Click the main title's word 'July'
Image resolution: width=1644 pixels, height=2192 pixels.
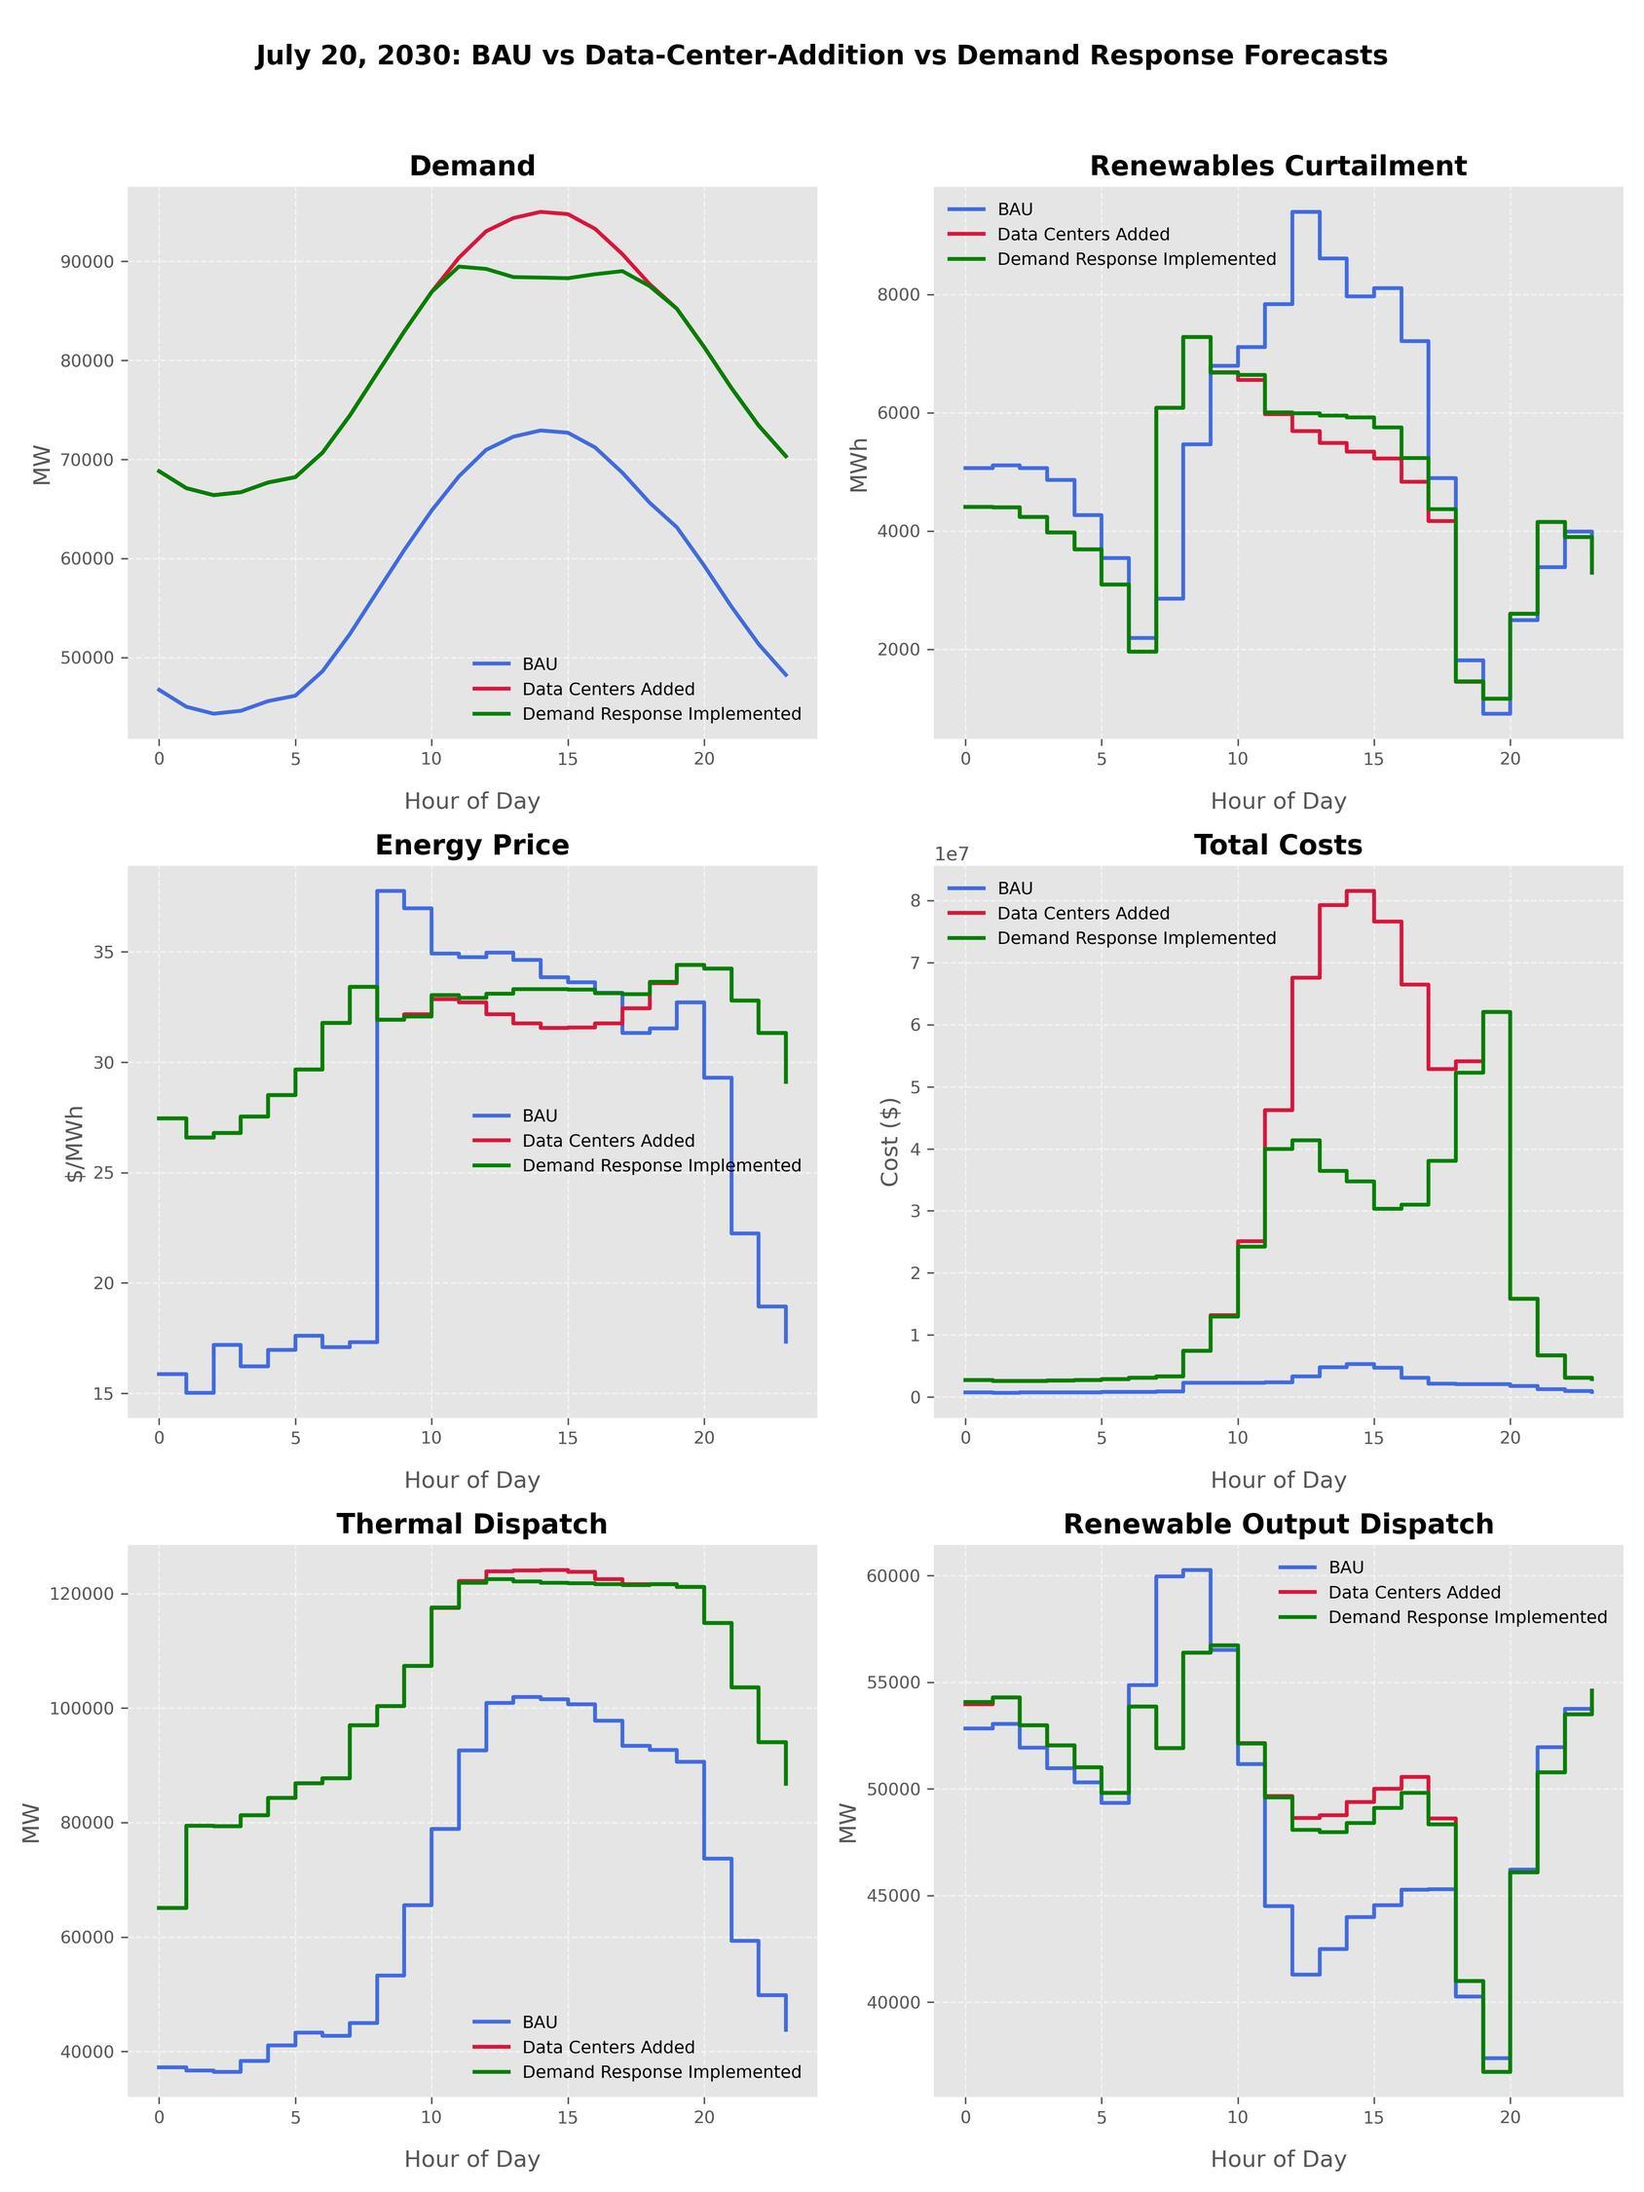pyautogui.click(x=281, y=57)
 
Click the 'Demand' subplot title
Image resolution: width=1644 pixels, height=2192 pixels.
pyautogui.click(x=471, y=167)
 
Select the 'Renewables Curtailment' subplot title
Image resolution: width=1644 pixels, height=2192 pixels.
pyautogui.click(x=1278, y=167)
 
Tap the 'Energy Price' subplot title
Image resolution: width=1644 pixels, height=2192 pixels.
pyautogui.click(x=471, y=846)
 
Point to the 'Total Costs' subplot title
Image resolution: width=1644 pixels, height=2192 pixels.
pyautogui.click(x=1278, y=846)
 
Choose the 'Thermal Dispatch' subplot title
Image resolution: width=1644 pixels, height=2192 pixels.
pyautogui.click(x=471, y=1524)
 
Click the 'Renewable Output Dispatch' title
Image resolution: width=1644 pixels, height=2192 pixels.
pyautogui.click(x=1278, y=1524)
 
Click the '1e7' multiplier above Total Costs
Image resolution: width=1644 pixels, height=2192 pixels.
pyautogui.click(x=953, y=854)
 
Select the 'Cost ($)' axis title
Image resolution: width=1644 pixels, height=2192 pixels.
pyautogui.click(x=889, y=1142)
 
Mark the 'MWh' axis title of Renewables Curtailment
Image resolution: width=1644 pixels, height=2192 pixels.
pyautogui.click(x=859, y=464)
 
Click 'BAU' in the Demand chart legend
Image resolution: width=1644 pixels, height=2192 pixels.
pyautogui.click(x=540, y=664)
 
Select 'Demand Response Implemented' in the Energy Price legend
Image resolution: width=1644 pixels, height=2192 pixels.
pyautogui.click(x=661, y=1165)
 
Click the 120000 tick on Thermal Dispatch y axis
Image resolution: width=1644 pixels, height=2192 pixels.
pyautogui.click(x=82, y=1595)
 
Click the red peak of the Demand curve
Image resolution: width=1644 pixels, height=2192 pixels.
pyautogui.click(x=541, y=211)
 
